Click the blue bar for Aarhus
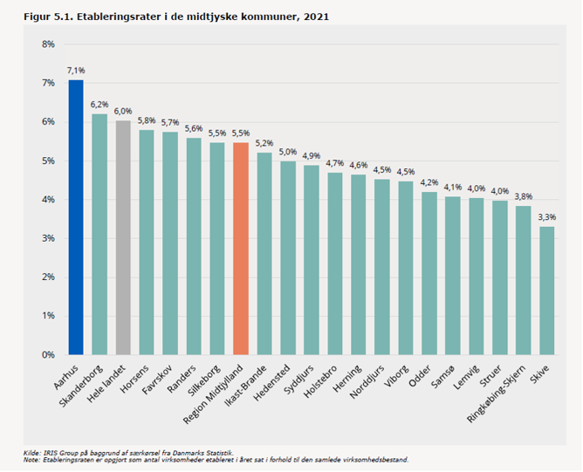click(76, 218)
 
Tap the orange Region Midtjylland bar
click(241, 249)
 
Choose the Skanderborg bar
click(99, 235)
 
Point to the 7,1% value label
click(76, 69)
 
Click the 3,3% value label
click(546, 216)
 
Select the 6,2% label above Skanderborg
click(99, 104)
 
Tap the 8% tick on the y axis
click(48, 44)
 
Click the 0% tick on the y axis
click(48, 355)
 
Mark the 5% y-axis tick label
click(48, 161)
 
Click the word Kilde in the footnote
click(31, 452)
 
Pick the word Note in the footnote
click(31, 459)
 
